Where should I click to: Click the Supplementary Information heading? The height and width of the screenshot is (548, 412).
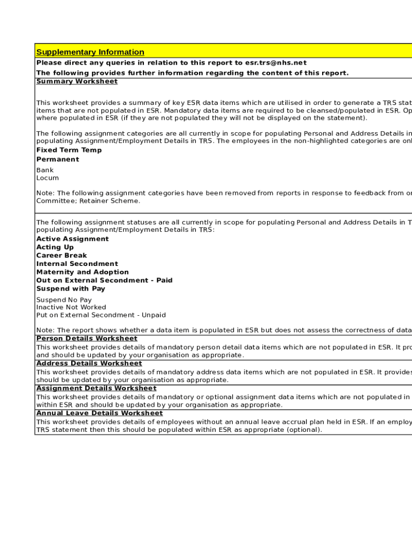pos(90,52)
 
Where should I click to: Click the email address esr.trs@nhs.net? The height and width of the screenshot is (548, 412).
pos(276,63)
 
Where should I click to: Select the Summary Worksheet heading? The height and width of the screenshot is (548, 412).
pos(77,81)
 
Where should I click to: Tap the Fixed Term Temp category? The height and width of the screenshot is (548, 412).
pos(68,150)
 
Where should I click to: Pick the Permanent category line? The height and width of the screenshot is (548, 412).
pos(57,159)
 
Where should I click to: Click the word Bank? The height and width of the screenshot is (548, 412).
pos(45,170)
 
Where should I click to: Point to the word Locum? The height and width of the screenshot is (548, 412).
pos(48,178)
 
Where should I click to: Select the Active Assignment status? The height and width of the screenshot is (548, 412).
pos(72,239)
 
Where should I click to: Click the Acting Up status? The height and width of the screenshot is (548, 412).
pos(55,247)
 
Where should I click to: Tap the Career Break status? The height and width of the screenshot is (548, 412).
pos(62,256)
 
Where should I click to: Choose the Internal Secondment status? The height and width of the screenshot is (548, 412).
pos(77,264)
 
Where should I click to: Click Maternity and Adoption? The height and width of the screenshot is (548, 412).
pos(82,272)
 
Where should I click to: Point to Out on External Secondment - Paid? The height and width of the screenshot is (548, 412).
pos(104,280)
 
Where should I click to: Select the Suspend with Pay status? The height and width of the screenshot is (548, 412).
pos(71,289)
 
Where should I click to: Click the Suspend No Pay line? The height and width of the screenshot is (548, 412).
pos(64,300)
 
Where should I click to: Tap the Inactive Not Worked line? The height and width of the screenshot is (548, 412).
pos(71,308)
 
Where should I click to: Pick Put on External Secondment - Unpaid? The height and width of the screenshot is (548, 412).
pos(101,315)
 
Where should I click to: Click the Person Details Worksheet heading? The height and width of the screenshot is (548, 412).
pos(87,339)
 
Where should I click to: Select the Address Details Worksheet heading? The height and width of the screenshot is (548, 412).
pos(89,363)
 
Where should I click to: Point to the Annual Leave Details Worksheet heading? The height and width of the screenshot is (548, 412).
pos(100,413)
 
